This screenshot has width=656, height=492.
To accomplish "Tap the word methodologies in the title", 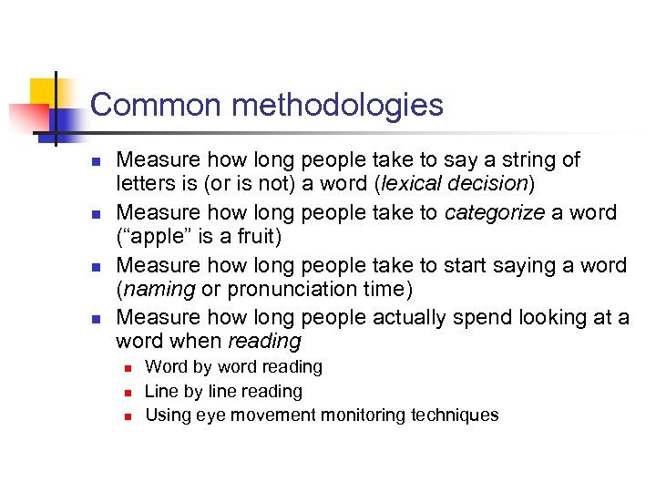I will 337,106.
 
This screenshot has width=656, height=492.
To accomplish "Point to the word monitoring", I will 361,415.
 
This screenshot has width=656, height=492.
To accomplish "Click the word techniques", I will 455,415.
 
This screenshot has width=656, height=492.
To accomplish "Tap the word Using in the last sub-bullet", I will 166,415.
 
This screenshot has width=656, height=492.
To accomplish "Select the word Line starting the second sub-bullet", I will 161,391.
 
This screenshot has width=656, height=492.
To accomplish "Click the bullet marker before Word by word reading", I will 128,368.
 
